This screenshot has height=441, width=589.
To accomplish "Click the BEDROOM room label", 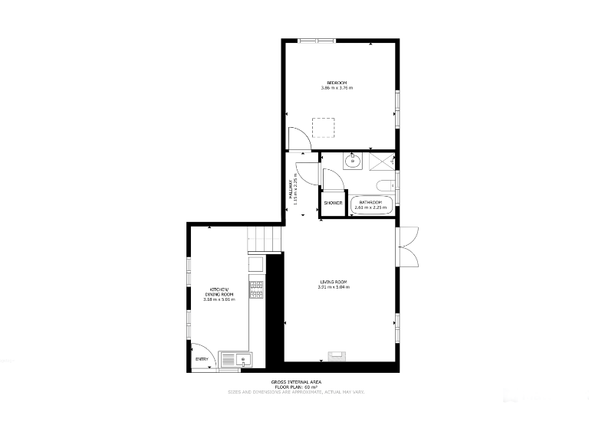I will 337,83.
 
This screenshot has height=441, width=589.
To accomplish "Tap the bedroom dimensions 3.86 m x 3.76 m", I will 337,88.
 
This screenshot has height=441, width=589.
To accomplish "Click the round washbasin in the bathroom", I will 353,161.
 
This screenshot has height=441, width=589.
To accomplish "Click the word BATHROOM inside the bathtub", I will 371,203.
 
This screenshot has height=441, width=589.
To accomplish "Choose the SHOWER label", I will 333,204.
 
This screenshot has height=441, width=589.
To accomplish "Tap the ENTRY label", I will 202,359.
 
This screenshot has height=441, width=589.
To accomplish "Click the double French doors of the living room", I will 408,247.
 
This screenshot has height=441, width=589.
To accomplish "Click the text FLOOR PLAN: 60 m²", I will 295,387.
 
